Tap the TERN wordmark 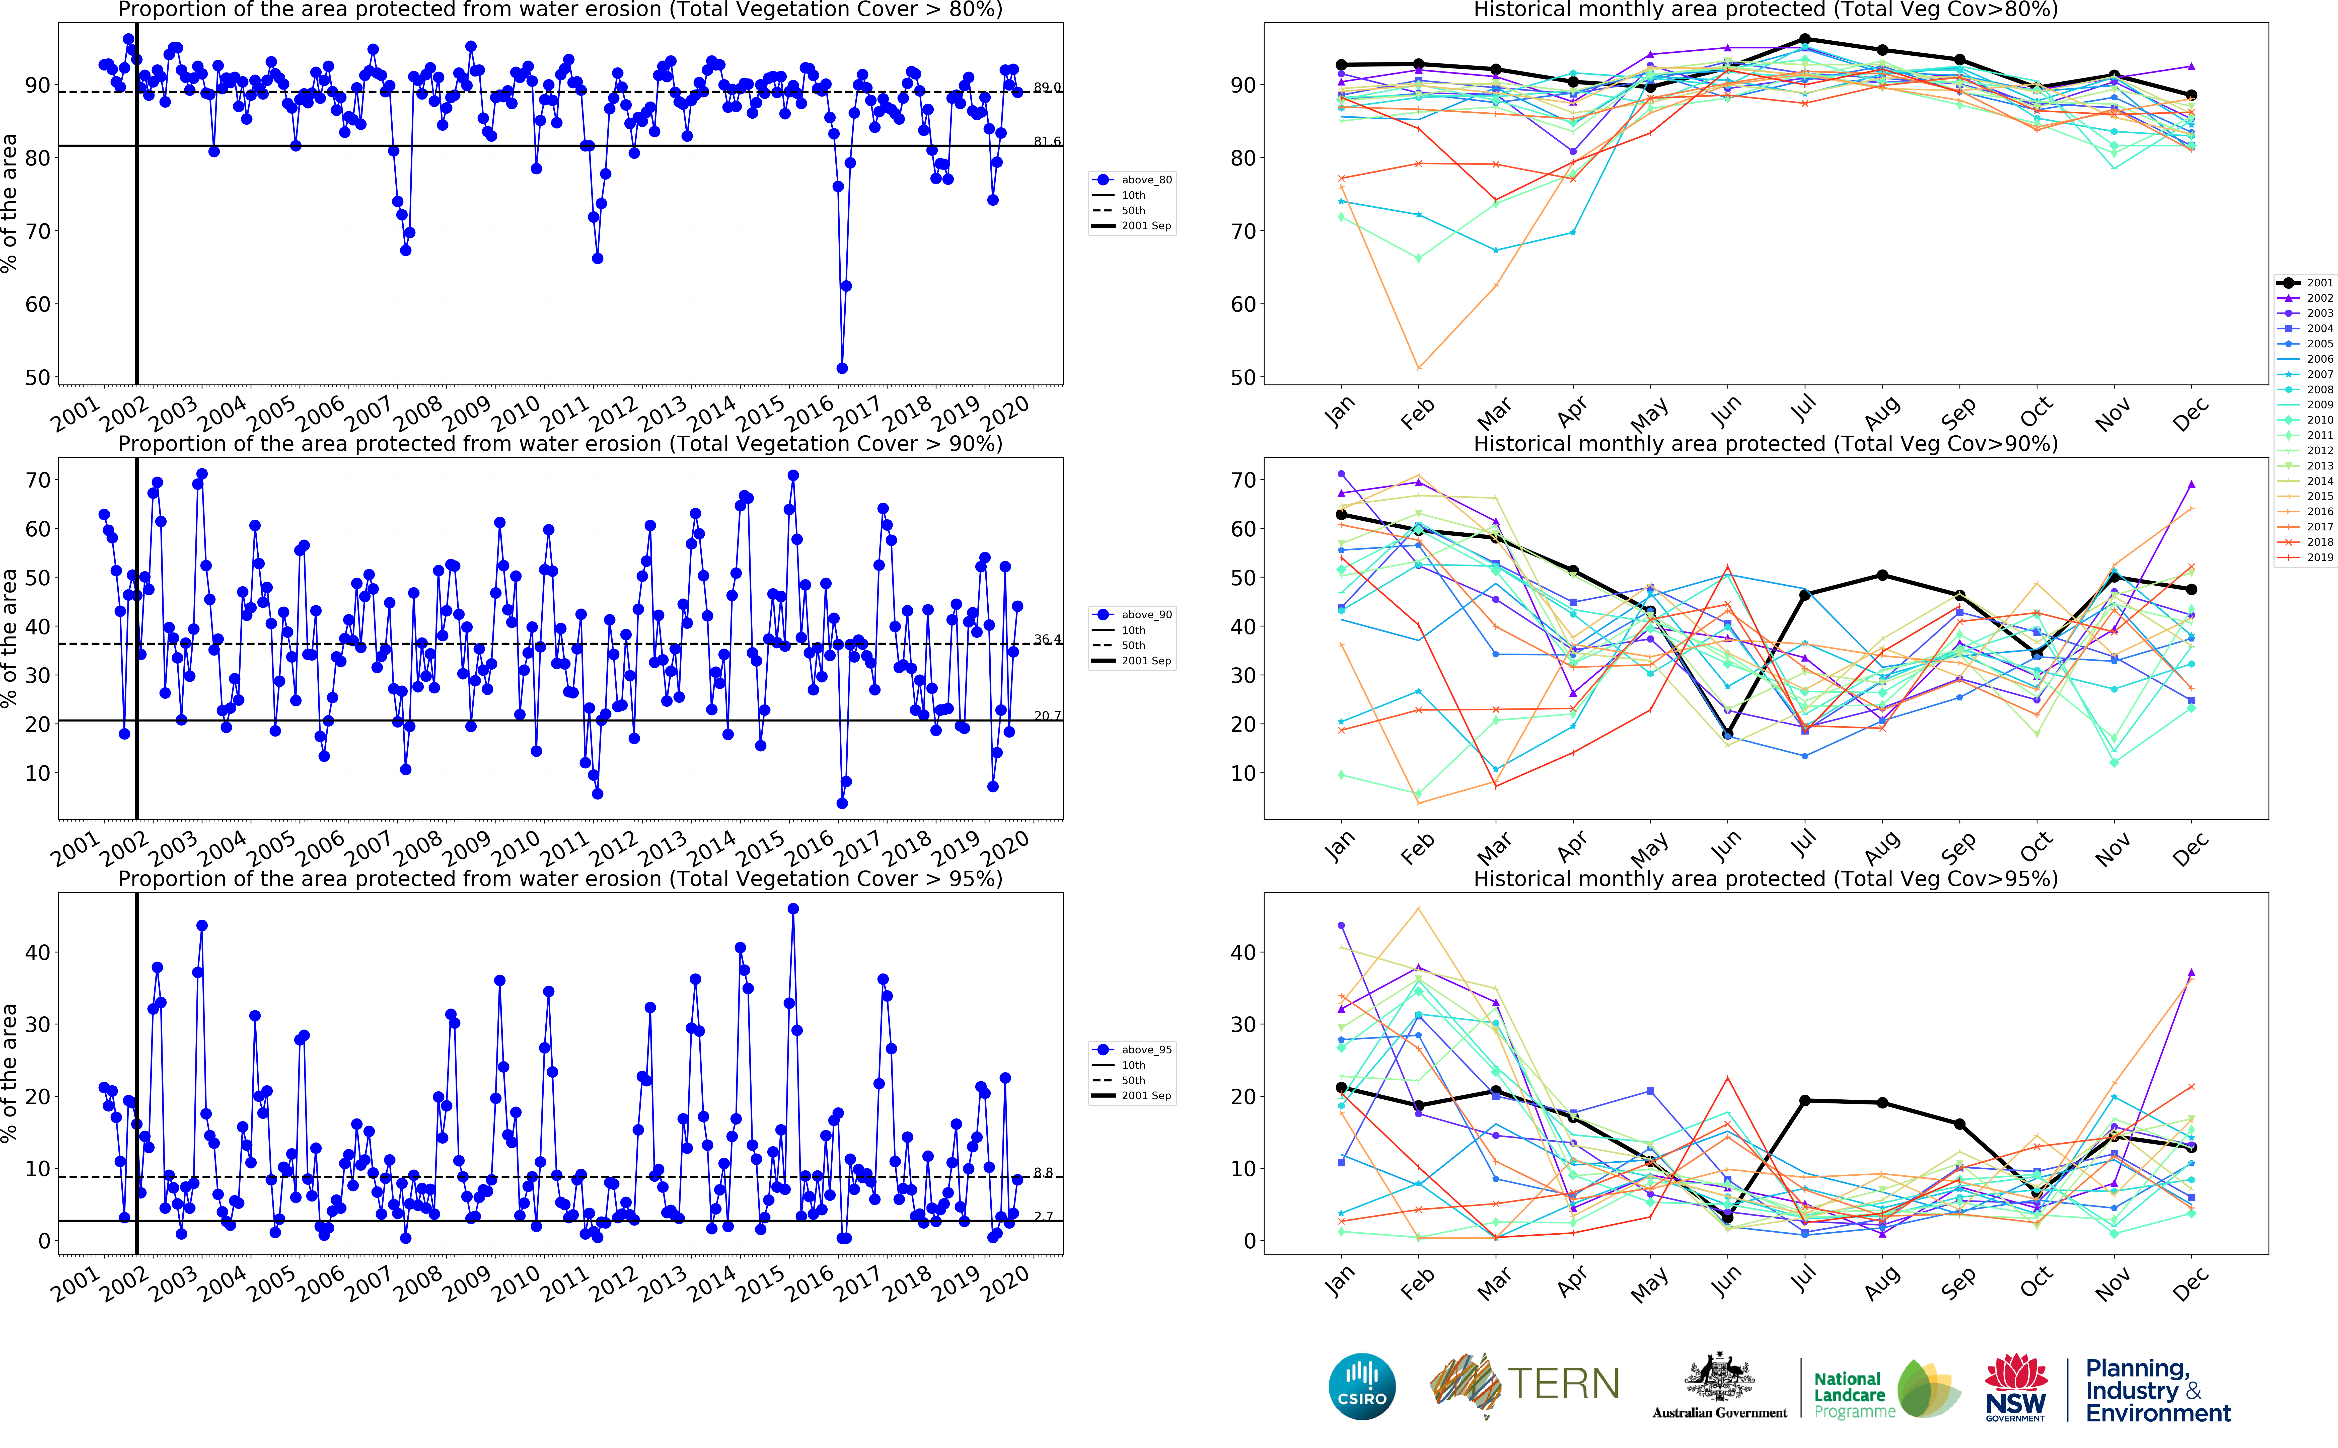[x=1563, y=1384]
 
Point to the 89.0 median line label [x=1047, y=87]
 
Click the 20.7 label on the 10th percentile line [x=1047, y=715]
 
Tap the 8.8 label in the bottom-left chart [x=1043, y=1172]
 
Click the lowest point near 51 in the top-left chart [x=842, y=368]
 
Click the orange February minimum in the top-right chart [x=1419, y=368]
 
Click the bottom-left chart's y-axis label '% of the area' [x=10, y=1073]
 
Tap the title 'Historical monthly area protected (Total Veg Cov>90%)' [x=1765, y=443]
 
